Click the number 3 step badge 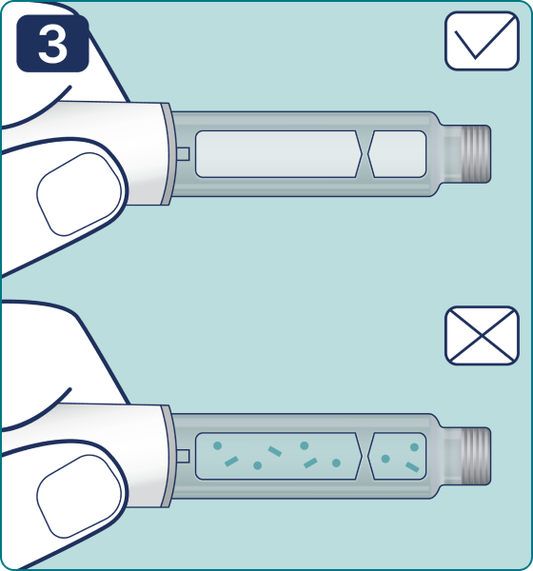53,44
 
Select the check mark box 482,41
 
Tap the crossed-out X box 482,335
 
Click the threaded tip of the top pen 476,154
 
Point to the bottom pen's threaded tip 476,456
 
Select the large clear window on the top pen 279,154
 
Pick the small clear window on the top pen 397,154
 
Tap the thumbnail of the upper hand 79,194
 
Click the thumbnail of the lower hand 79,497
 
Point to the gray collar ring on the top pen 167,153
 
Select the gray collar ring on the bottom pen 167,456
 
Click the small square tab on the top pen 184,154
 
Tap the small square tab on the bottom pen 184,456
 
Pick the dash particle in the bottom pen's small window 412,467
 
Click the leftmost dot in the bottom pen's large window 218,445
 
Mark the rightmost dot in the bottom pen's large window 336,463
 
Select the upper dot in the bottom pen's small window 414,447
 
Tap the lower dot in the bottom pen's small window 385,459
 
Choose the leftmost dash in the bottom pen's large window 231,462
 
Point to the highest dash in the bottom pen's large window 275,451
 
